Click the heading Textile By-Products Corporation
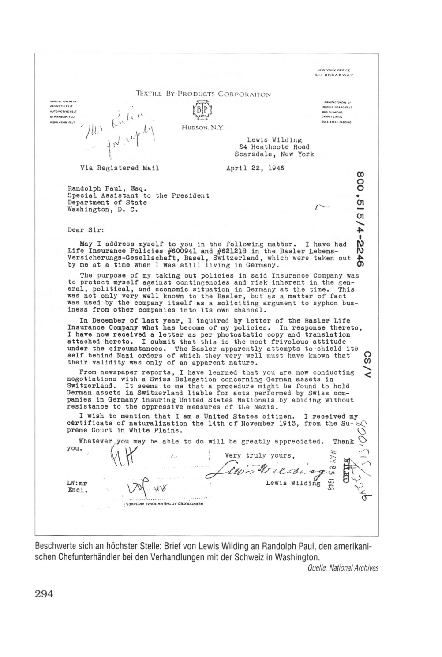coord(203,94)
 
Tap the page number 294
coord(44,594)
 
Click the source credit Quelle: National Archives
coord(343,568)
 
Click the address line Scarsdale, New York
coord(274,154)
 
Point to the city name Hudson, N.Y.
coord(202,128)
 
